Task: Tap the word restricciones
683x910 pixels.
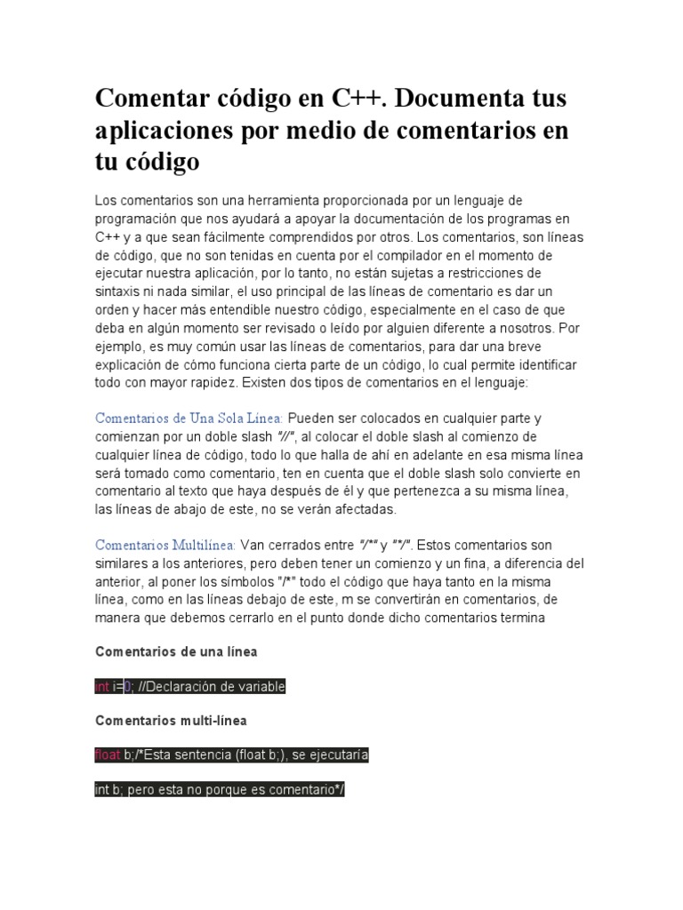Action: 500,275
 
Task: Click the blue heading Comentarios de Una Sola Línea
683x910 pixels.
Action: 189,418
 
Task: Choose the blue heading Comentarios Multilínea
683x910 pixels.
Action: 165,544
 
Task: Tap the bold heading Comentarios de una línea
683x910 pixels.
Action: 176,651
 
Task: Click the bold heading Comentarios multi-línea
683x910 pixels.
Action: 171,721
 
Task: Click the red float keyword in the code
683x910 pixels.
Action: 108,755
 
